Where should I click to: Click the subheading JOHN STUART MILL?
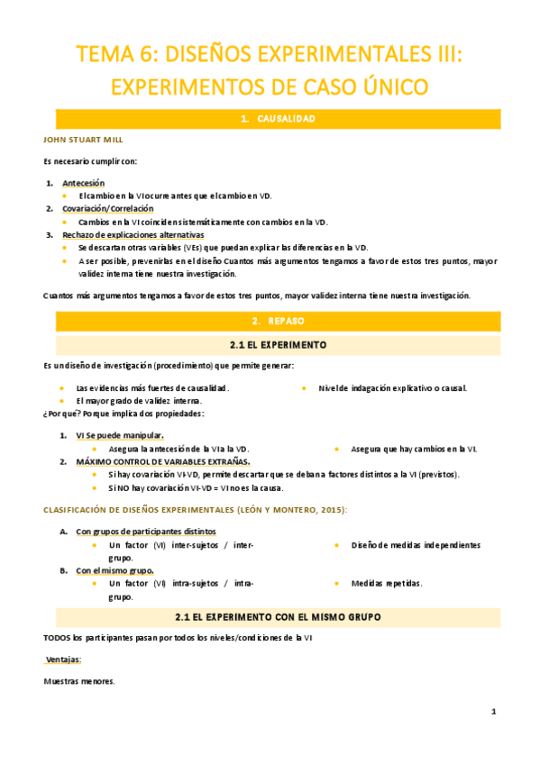[84, 140]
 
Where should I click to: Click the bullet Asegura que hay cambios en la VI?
[414, 449]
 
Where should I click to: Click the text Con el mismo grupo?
[114, 570]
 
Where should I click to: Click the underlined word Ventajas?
[63, 659]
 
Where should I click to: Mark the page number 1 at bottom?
[494, 712]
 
